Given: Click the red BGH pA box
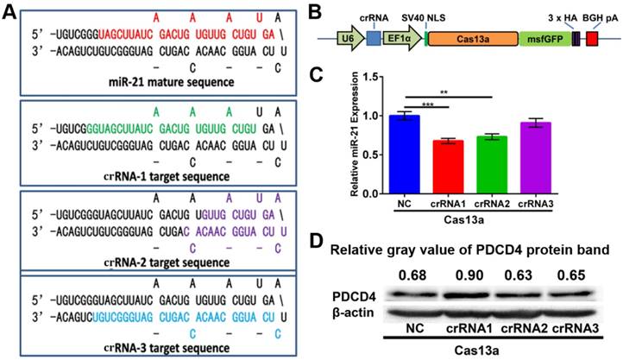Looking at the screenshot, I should click(x=592, y=40).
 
